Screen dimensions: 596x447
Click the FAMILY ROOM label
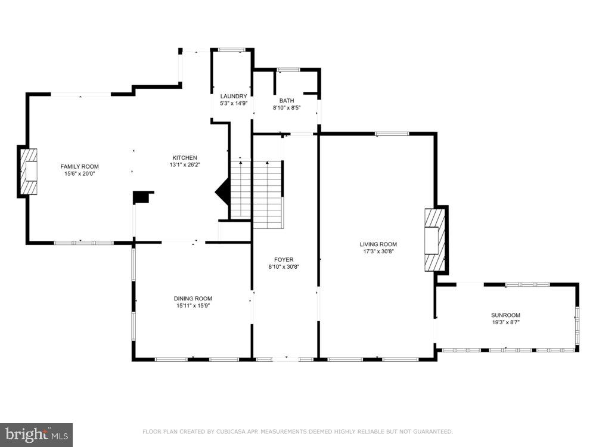pyautogui.click(x=79, y=166)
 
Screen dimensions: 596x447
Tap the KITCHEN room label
pyautogui.click(x=185, y=158)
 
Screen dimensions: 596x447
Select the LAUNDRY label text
pyautogui.click(x=234, y=97)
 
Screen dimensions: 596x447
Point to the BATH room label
pyautogui.click(x=287, y=101)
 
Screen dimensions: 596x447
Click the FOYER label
pyautogui.click(x=284, y=260)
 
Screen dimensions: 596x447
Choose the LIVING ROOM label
pyautogui.click(x=378, y=244)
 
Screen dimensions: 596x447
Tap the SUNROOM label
pyautogui.click(x=505, y=315)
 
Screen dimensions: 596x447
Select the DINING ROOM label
pyautogui.click(x=193, y=299)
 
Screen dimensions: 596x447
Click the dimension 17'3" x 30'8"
pyautogui.click(x=378, y=252)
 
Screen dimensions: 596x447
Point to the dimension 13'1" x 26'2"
pyautogui.click(x=185, y=164)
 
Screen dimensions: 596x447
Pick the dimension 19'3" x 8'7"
pyautogui.click(x=505, y=322)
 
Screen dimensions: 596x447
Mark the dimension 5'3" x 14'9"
pyautogui.click(x=234, y=103)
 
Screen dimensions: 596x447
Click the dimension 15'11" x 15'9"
pyautogui.click(x=193, y=306)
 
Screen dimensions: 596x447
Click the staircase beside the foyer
pyautogui.click(x=257, y=194)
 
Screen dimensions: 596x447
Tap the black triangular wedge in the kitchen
pyautogui.click(x=222, y=193)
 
